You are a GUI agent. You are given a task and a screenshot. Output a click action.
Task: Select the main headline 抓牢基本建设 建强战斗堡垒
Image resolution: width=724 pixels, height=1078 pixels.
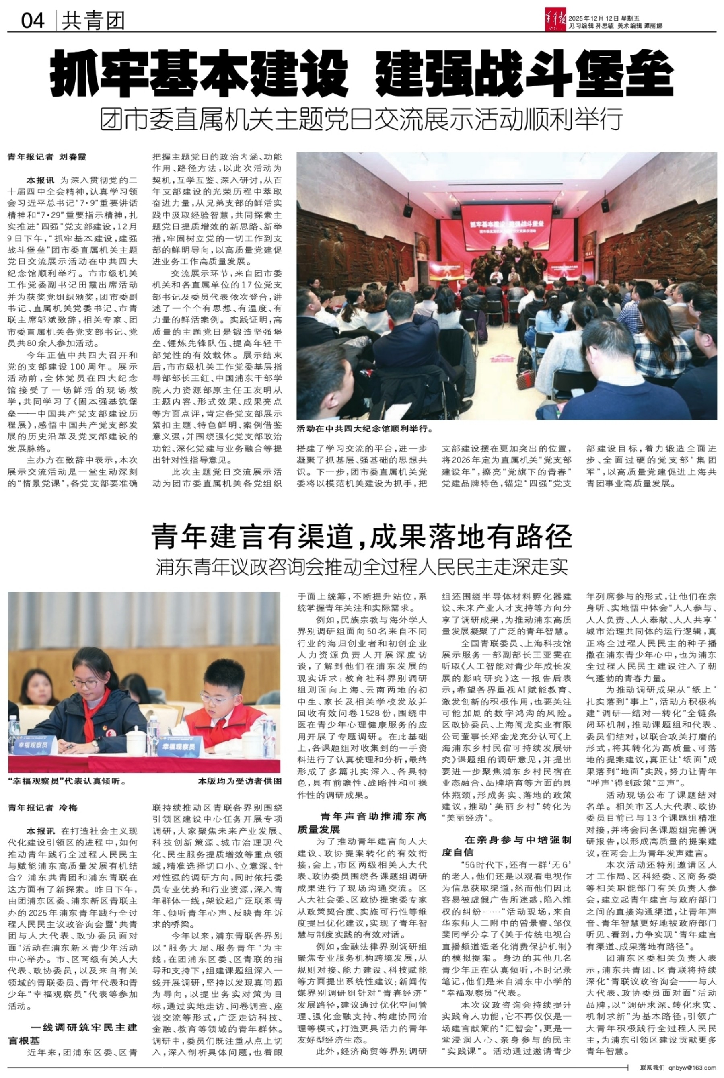coord(362,74)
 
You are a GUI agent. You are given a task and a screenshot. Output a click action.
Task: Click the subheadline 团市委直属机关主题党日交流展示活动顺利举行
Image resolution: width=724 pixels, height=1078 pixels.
coord(362,119)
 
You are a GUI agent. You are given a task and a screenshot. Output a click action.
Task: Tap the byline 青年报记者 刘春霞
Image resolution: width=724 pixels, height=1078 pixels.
coord(47,157)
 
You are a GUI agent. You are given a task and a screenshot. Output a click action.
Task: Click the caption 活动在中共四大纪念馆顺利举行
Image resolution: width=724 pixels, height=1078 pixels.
coord(364,429)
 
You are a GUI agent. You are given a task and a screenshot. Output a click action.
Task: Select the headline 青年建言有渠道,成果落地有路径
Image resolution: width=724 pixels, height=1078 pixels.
coord(362,536)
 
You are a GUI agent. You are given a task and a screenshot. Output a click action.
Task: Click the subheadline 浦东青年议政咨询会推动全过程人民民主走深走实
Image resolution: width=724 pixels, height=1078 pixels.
coord(362,567)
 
